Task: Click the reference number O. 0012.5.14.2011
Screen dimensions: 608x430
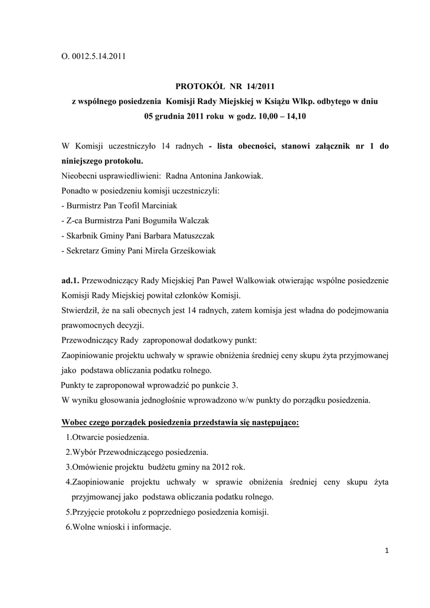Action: pyautogui.click(x=94, y=57)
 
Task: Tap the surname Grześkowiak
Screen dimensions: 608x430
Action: pyautogui.click(x=187, y=251)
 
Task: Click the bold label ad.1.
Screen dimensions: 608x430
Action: pyautogui.click(x=70, y=280)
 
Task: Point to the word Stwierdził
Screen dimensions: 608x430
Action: pyautogui.click(x=81, y=310)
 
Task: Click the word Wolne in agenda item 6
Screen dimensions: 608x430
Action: pyautogui.click(x=84, y=527)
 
